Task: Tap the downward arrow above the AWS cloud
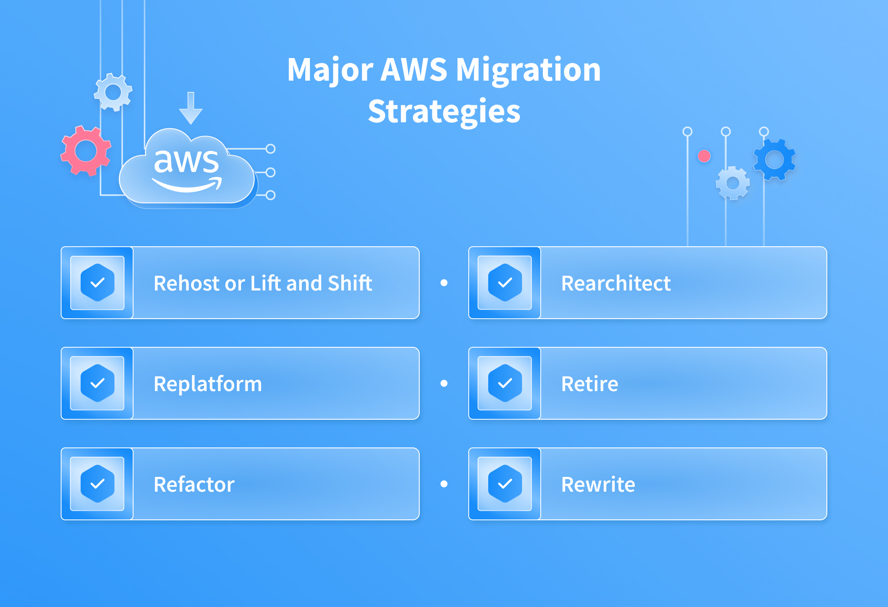coord(191,108)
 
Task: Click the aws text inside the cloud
coord(186,161)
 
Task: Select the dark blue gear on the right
coord(774,160)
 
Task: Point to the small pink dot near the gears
coord(704,156)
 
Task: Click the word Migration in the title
coord(528,71)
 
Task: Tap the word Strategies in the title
coord(444,111)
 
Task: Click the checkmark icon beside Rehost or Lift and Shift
coord(98,283)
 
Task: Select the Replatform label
coord(208,384)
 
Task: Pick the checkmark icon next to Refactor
coord(98,484)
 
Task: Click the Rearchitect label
coord(616,284)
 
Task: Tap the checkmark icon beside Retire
coord(505,383)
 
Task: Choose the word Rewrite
coord(598,485)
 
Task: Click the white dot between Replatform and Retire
coord(444,383)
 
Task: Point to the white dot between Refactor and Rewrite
coord(444,484)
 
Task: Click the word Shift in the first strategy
coord(350,283)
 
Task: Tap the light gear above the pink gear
coord(113,92)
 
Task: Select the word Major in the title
coord(330,71)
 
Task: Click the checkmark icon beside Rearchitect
coord(505,283)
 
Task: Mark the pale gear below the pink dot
coord(733,183)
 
